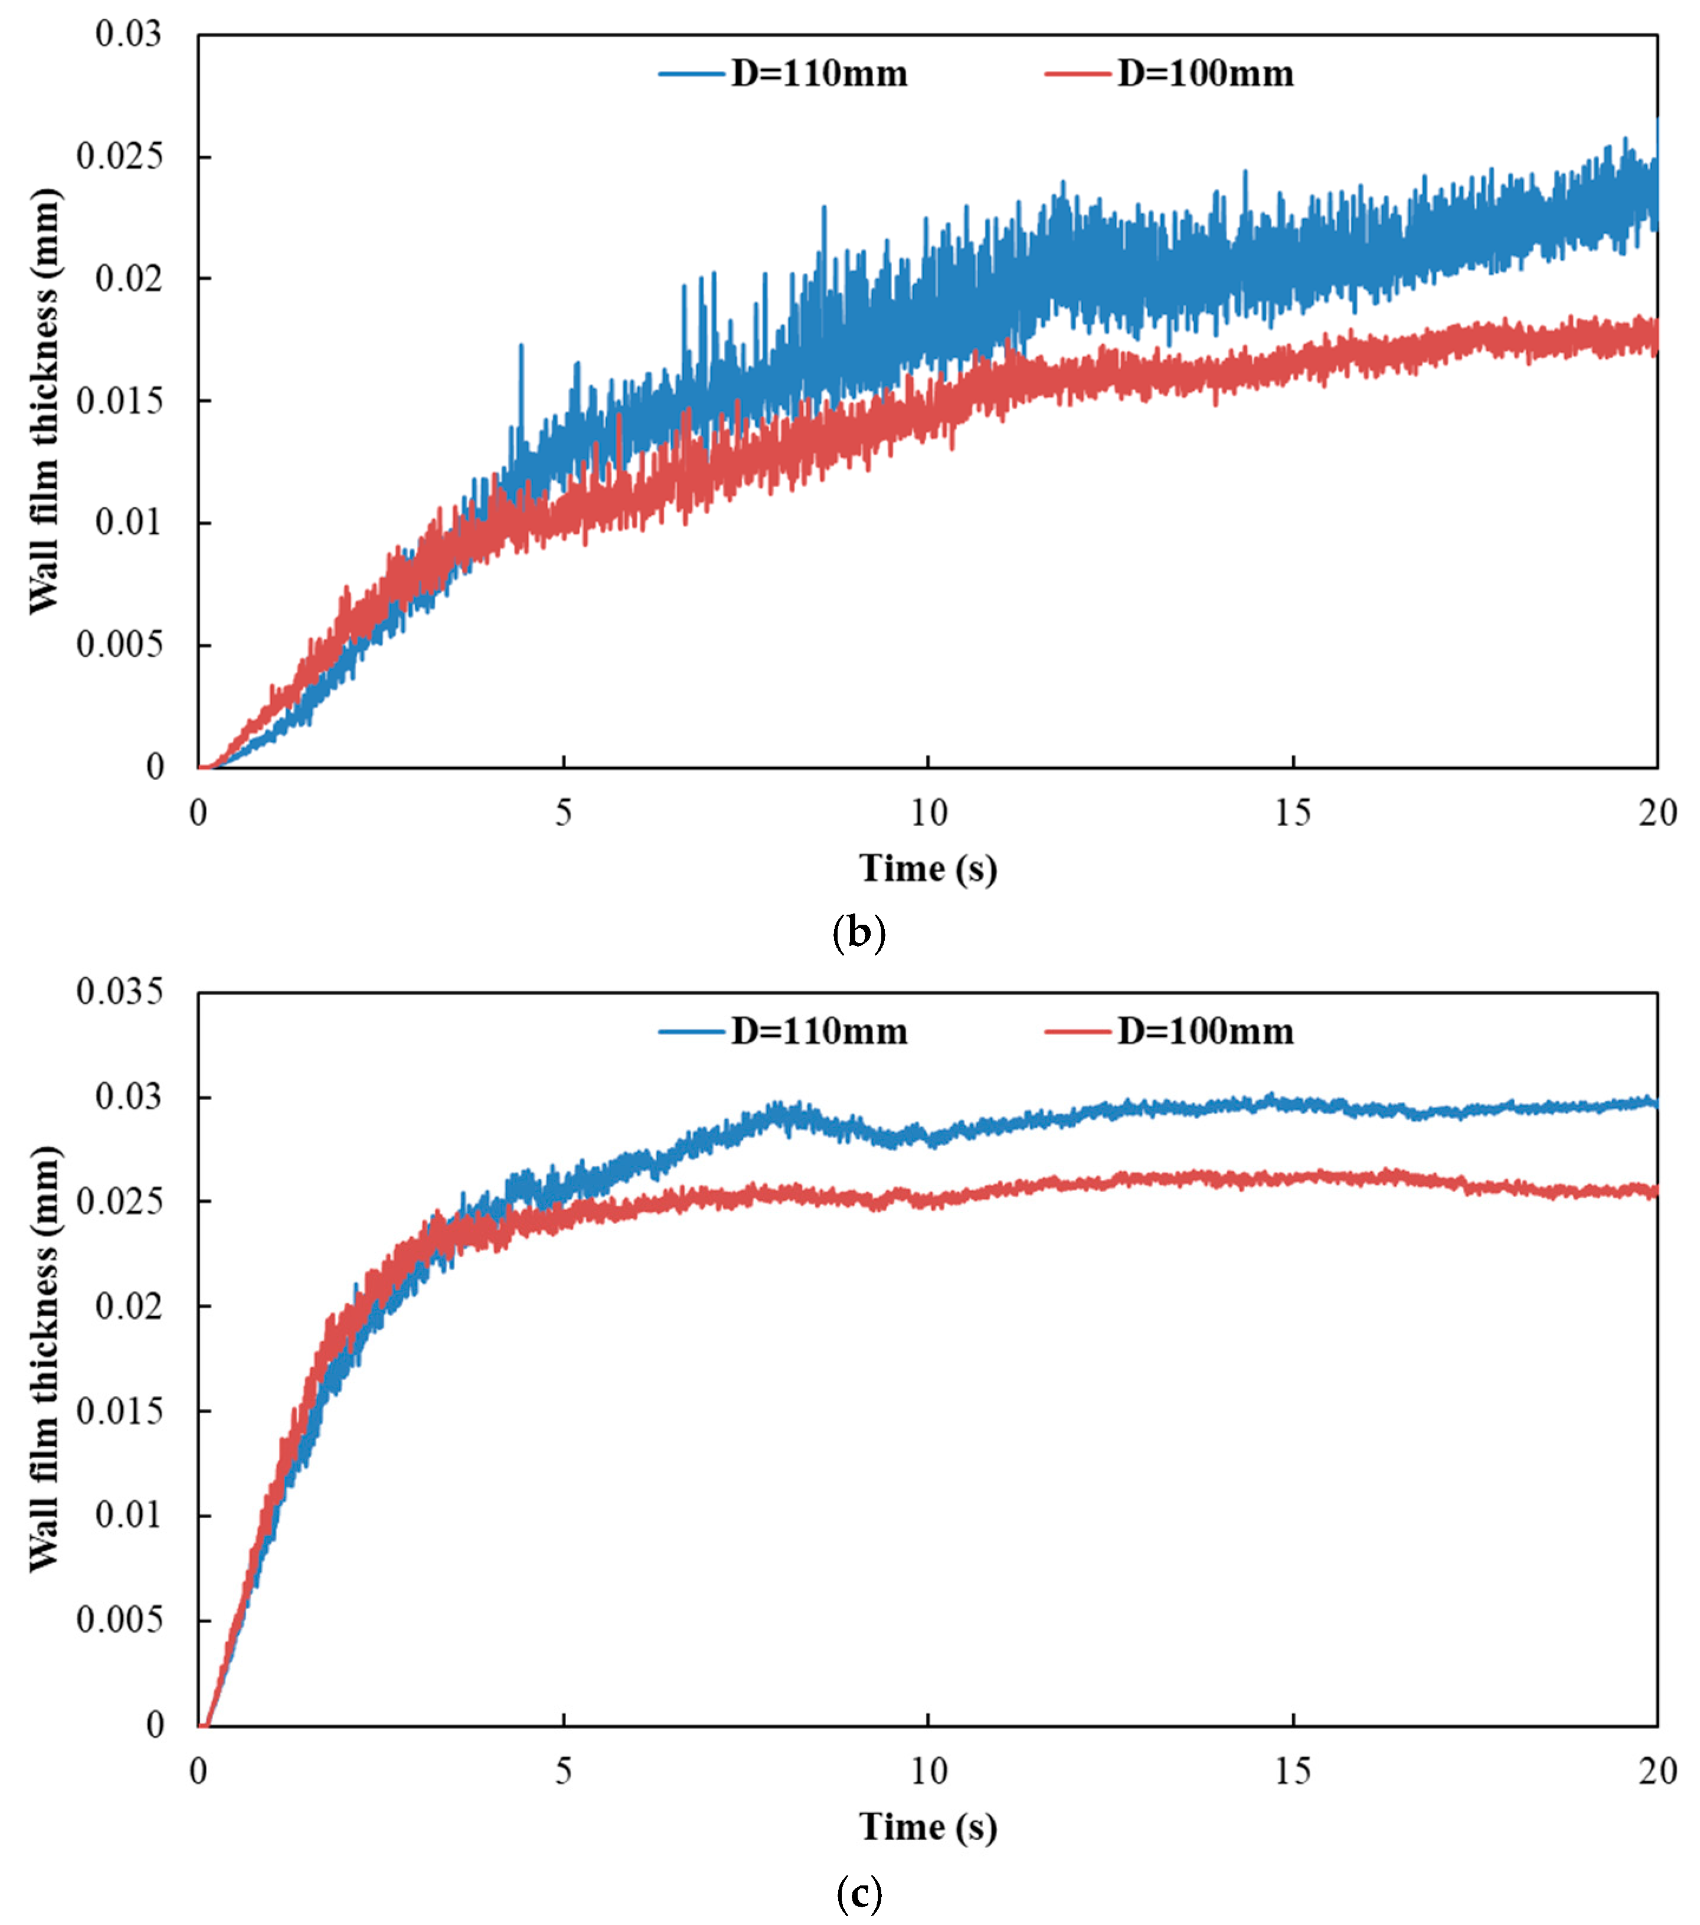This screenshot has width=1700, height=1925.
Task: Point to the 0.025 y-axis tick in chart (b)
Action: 120,156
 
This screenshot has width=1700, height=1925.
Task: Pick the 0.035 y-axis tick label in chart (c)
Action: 120,991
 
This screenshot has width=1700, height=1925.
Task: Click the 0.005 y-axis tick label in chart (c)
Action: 120,1620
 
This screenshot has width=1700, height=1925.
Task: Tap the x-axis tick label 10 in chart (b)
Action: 928,813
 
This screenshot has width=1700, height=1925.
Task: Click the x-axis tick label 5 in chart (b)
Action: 563,813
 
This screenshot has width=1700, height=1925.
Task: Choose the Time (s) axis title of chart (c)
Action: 927,1827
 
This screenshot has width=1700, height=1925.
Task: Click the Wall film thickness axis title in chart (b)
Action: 44,401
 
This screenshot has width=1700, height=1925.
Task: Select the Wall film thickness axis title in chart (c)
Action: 44,1359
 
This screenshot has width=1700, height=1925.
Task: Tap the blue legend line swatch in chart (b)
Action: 692,73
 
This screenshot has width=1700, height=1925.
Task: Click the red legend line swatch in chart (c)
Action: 1078,1031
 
